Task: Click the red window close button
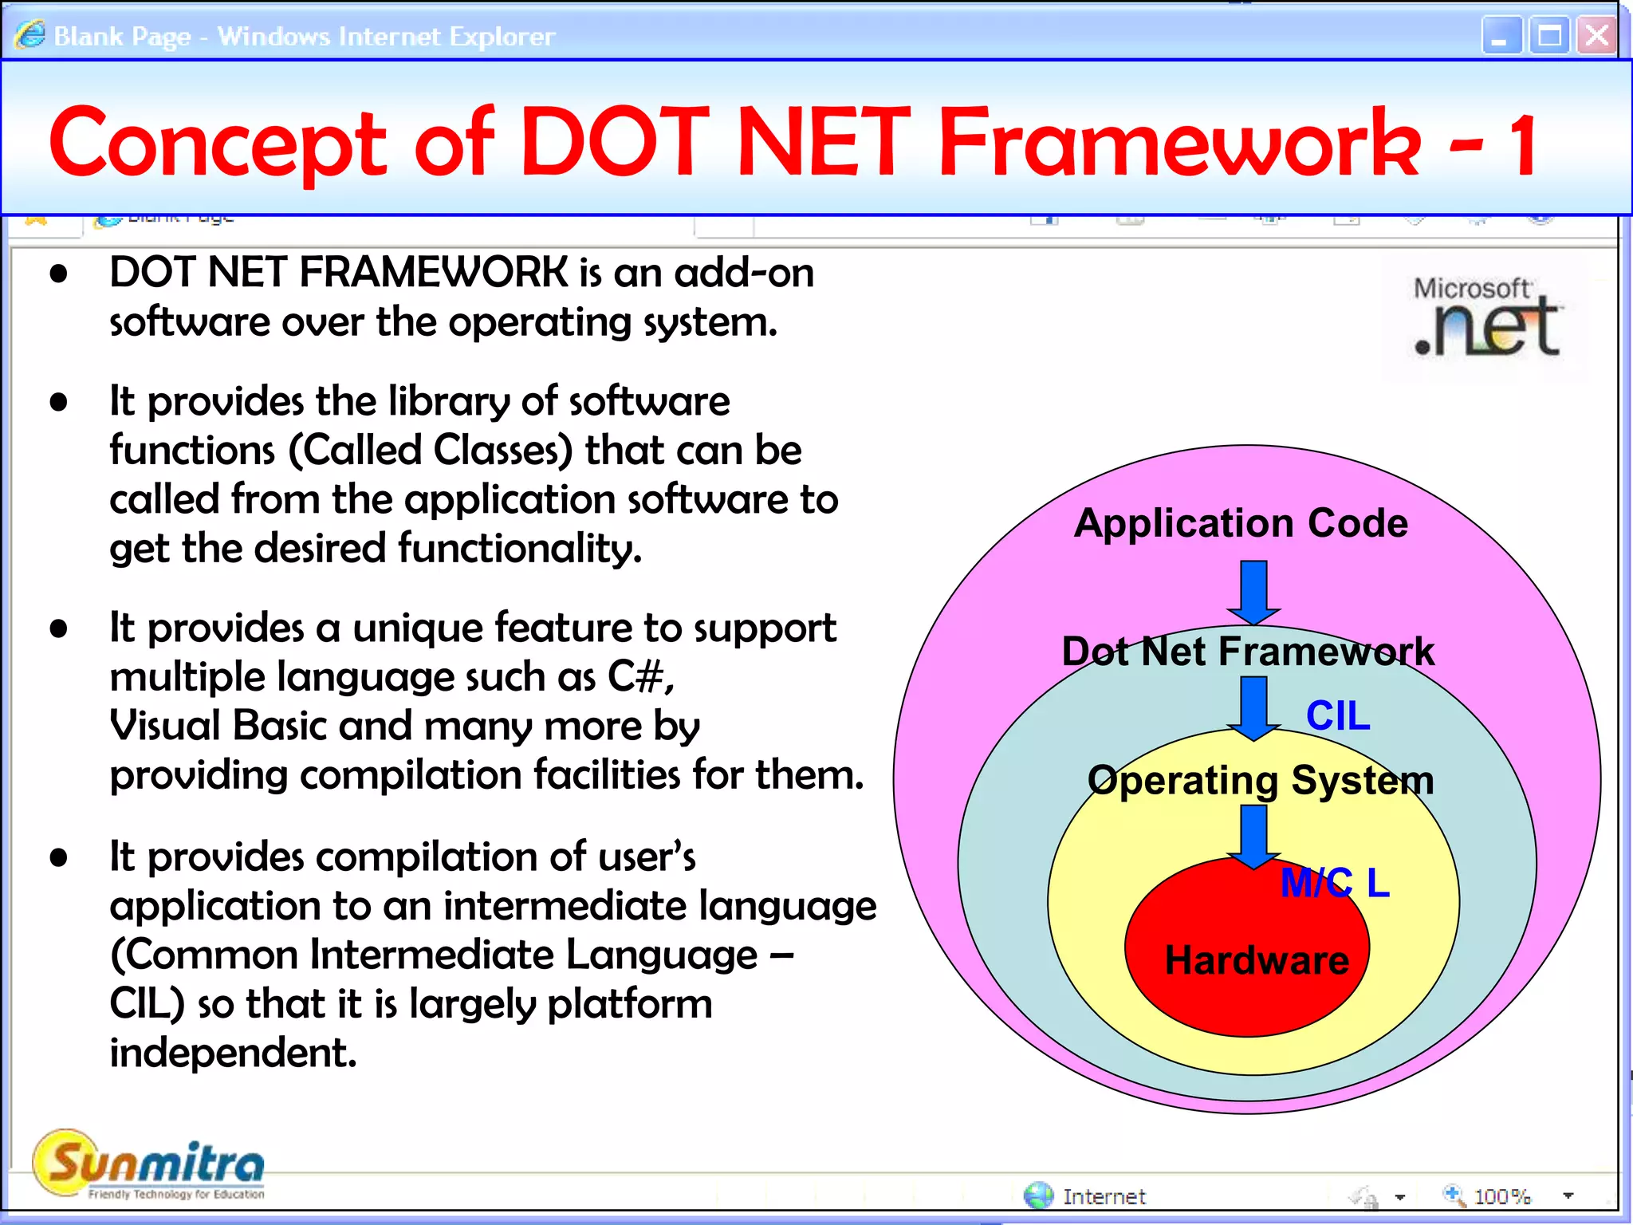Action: (1596, 36)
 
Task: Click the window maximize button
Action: (1549, 36)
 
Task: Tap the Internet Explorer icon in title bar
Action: (30, 35)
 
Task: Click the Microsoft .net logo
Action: (1485, 319)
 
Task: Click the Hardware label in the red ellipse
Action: (1257, 960)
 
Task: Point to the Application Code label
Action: (1241, 523)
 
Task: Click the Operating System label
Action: (1261, 780)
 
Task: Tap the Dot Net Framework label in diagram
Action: (1248, 652)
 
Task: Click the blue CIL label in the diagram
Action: (1338, 715)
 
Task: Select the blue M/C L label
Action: (1335, 883)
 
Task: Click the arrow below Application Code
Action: (1253, 593)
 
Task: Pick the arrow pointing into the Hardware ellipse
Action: (1253, 837)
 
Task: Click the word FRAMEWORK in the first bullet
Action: (434, 273)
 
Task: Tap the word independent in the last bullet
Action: (232, 1053)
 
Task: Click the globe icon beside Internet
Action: (1038, 1195)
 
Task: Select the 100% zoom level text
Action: (1502, 1196)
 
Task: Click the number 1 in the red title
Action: (1524, 144)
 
